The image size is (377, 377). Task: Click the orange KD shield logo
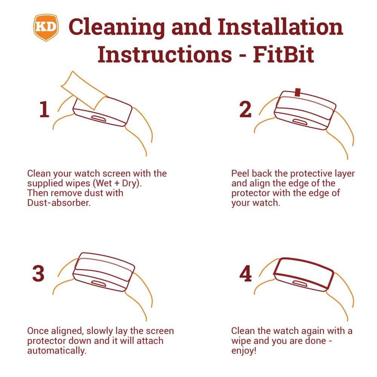pos(46,28)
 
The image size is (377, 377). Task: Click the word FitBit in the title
pos(284,55)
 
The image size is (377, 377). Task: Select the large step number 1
pos(44,109)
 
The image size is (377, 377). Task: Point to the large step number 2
pos(245,109)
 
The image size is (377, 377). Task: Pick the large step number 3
pos(38,273)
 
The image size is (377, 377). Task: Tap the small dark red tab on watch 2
pos(298,92)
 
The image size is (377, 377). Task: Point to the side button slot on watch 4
pos(300,284)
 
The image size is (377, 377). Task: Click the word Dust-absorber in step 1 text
pos(59,203)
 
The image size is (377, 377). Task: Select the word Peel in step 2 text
pos(240,173)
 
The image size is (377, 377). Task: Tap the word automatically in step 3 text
pos(57,351)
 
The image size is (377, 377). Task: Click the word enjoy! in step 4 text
pos(244,351)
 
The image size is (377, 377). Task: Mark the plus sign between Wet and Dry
pos(117,184)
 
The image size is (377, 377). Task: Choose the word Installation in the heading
pos(280,26)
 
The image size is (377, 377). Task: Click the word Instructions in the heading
pos(165,55)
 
